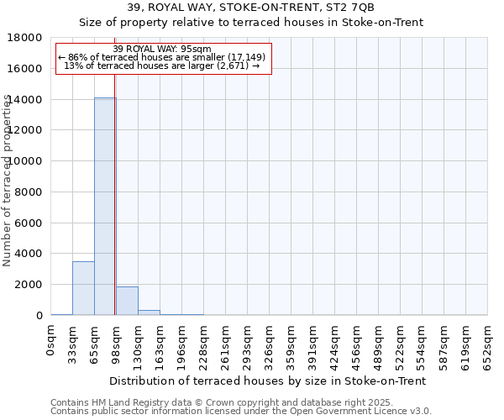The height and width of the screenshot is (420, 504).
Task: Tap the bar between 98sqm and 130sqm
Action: click(x=127, y=301)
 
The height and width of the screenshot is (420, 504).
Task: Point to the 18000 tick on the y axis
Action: click(x=29, y=38)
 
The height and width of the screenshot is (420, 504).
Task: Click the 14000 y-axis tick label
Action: click(x=29, y=100)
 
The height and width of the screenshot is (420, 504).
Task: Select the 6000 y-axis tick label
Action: click(x=32, y=223)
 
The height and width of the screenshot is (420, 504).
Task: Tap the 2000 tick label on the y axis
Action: click(x=32, y=285)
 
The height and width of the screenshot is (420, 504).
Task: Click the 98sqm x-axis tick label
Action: click(x=117, y=344)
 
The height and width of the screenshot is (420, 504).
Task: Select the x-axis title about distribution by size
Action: click(x=268, y=381)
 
